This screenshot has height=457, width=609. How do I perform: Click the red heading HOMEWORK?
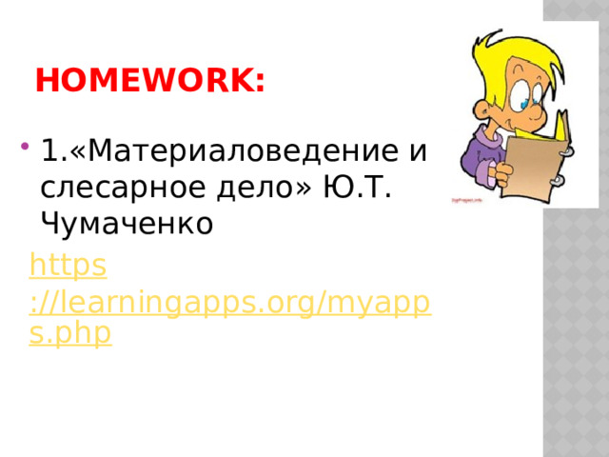pos(149,82)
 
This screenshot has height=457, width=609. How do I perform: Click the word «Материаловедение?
pos(238,151)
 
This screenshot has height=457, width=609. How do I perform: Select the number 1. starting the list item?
pos(52,151)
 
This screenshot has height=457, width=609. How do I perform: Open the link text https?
pos(68,264)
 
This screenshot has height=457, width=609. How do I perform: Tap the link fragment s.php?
pos(70,333)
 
